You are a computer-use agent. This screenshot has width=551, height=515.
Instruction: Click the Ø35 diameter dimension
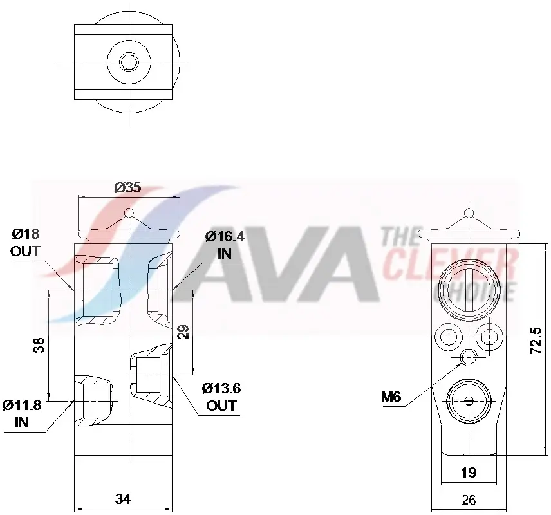127,188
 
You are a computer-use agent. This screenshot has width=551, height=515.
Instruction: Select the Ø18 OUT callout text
25,242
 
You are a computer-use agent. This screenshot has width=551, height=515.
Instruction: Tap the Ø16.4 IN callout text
225,245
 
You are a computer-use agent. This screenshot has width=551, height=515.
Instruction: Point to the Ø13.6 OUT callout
221,397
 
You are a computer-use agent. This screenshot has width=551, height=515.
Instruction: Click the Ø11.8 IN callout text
22,413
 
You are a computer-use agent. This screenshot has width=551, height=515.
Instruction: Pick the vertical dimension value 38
39,346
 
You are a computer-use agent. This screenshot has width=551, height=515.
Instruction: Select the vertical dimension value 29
183,332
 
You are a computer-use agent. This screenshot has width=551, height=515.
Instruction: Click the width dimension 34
124,498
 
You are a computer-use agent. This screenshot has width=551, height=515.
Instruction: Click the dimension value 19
469,473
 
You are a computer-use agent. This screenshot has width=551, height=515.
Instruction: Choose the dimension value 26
469,500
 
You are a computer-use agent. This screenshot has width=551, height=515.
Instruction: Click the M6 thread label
391,397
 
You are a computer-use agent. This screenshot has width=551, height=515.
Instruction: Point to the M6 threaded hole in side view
469,357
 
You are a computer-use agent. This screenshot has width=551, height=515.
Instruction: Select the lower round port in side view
469,401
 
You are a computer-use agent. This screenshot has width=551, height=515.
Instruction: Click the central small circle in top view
129,62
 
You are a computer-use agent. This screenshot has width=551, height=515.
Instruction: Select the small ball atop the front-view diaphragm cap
129,212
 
